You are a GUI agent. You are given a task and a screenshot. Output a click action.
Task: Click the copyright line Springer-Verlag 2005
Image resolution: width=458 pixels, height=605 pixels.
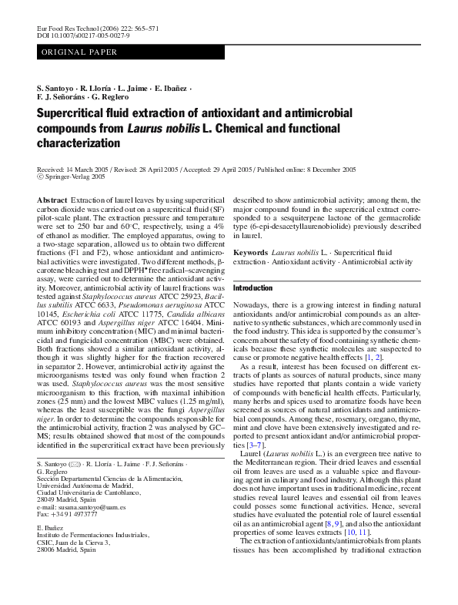click(x=75, y=176)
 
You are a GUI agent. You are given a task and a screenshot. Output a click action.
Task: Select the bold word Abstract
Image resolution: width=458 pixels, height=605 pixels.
click(x=52, y=200)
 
